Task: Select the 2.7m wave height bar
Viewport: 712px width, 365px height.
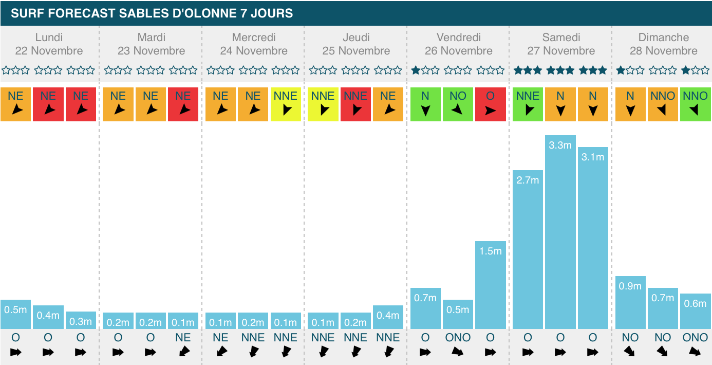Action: click(528, 250)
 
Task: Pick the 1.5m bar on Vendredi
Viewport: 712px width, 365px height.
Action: click(491, 285)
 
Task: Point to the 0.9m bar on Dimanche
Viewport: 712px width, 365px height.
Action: click(630, 303)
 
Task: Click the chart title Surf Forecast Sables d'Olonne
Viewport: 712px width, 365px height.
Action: click(152, 13)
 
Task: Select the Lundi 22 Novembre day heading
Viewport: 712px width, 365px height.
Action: click(49, 44)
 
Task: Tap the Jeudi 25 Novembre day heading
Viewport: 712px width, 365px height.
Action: click(356, 44)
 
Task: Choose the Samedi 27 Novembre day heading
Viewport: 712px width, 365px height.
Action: click(561, 44)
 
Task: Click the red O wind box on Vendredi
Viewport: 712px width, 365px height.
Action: click(491, 104)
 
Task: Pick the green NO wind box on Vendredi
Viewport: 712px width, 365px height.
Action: click(458, 104)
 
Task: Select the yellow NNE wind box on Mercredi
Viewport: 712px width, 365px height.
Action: click(286, 104)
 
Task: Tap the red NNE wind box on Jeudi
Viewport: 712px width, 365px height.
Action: click(355, 104)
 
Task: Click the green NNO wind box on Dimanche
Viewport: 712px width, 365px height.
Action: click(696, 104)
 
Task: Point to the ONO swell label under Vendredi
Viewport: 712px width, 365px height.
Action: click(458, 338)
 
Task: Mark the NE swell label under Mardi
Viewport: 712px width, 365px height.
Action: click(183, 338)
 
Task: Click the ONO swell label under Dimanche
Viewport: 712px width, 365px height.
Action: click(696, 338)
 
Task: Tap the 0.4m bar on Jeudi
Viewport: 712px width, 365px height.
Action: click(388, 317)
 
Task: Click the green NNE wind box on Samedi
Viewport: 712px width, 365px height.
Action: click(528, 104)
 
